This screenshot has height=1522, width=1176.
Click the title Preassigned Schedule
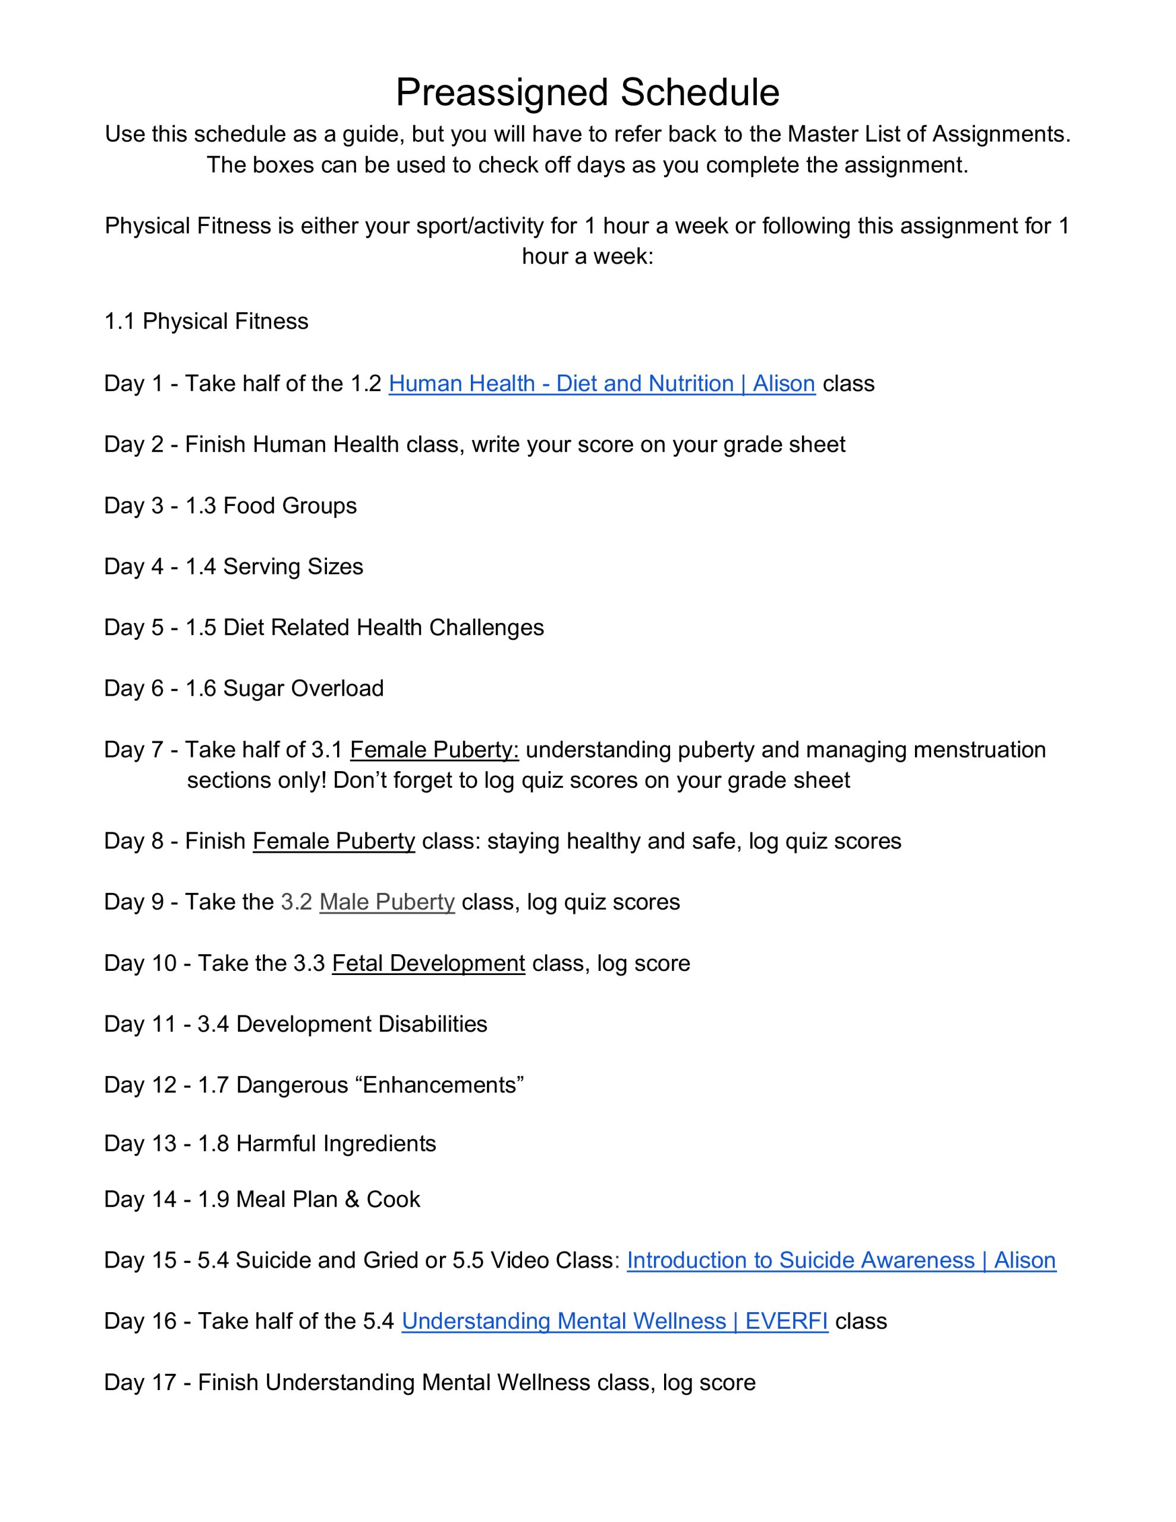[587, 92]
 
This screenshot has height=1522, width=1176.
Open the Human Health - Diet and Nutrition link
[602, 383]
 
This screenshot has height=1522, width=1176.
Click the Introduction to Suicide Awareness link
[841, 1260]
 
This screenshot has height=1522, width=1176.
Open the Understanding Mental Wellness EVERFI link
[614, 1321]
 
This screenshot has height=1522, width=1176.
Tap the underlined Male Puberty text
[387, 902]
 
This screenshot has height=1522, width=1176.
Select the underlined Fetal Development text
[428, 963]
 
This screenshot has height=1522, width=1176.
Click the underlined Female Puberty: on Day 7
[433, 749]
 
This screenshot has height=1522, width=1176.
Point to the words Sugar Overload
[303, 688]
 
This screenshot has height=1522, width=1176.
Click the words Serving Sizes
[293, 567]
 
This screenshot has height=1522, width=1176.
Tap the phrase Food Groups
[290, 505]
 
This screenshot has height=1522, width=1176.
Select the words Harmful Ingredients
[336, 1144]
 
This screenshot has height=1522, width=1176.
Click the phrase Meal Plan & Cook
[328, 1199]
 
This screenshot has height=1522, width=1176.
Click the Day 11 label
[139, 1024]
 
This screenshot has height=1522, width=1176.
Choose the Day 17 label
[139, 1383]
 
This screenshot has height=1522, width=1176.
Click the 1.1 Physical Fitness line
[206, 321]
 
